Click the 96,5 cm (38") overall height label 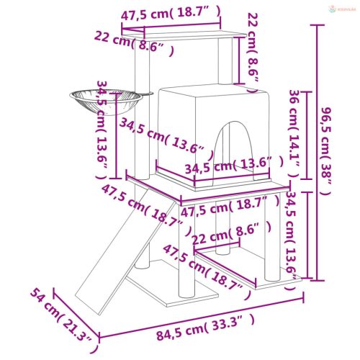point(328,151)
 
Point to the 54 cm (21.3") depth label point(63,314)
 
